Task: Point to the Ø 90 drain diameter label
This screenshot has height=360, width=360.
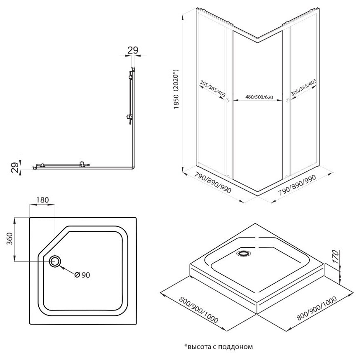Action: [x=82, y=275]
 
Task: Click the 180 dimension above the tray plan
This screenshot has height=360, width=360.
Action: [x=42, y=200]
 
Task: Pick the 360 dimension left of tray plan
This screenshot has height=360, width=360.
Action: [x=10, y=239]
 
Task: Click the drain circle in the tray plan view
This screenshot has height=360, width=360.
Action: [x=55, y=261]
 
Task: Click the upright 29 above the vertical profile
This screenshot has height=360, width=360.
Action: [x=132, y=50]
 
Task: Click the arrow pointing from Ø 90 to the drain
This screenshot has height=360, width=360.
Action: [x=66, y=270]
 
